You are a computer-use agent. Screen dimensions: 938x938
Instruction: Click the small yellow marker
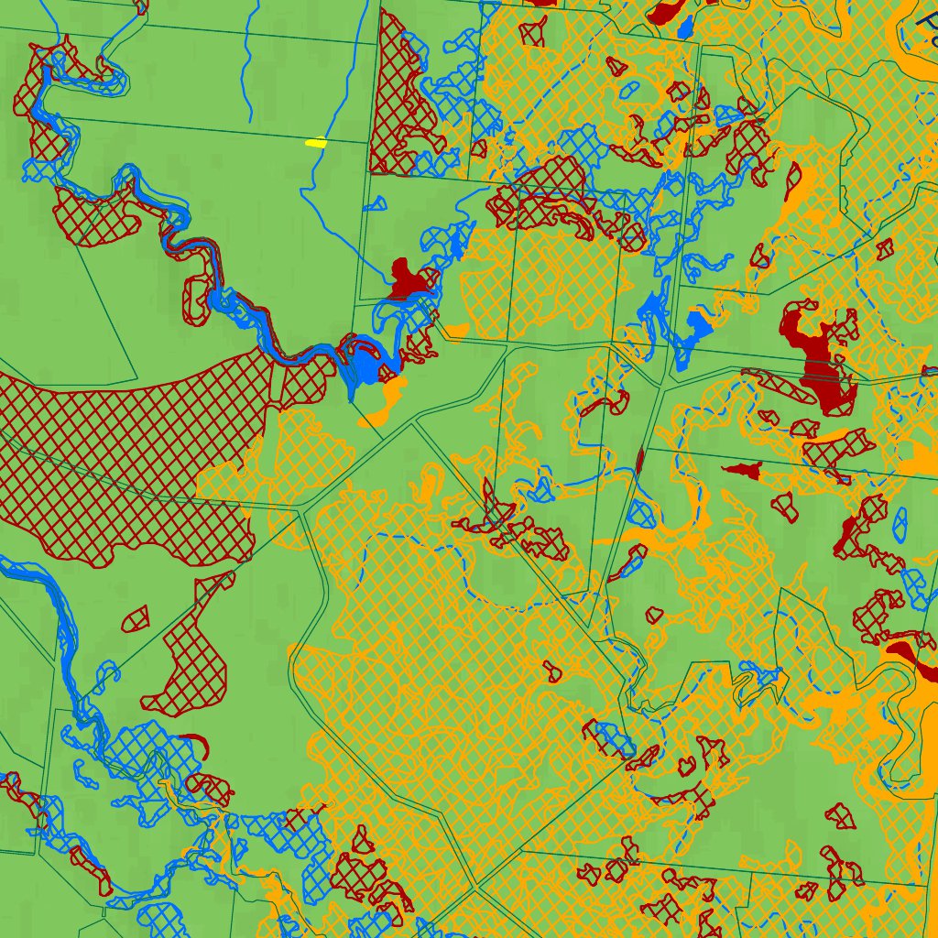[x=315, y=143]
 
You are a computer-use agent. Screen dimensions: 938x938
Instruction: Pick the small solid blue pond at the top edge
[x=684, y=28]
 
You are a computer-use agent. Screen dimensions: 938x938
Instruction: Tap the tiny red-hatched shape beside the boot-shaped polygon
[x=136, y=619]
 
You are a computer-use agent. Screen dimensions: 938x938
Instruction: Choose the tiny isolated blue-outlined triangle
[x=375, y=203]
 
